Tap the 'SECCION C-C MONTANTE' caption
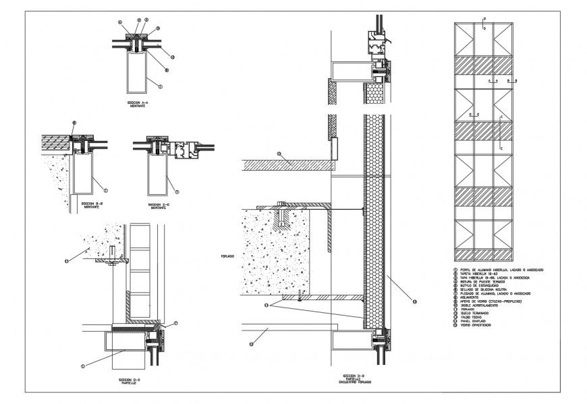coord(159,204)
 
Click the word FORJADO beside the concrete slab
coord(228,256)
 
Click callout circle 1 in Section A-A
coord(160,86)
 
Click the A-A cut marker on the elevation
coord(493,80)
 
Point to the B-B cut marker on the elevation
coord(513,80)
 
